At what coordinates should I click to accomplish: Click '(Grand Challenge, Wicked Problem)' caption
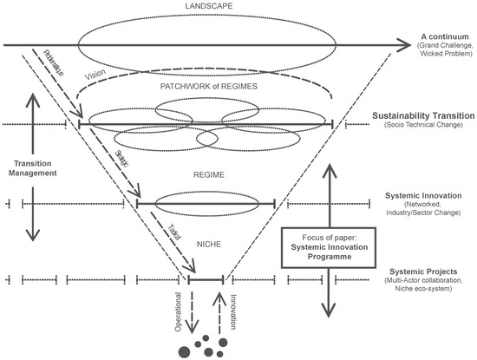tap(437, 52)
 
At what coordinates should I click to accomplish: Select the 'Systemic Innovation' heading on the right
tap(421, 195)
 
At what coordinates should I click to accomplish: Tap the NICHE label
tap(206, 245)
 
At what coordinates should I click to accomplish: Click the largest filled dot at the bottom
tap(184, 351)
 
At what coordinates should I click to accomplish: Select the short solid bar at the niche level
tap(206, 279)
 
